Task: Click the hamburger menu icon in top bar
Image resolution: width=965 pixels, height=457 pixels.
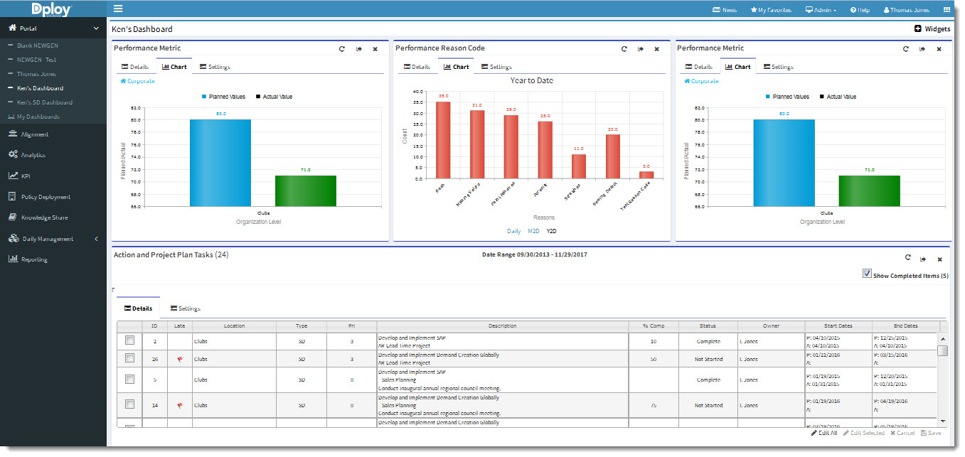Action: [x=118, y=9]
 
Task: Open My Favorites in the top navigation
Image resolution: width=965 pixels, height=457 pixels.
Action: [x=771, y=10]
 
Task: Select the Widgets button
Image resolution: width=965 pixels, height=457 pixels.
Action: [x=932, y=29]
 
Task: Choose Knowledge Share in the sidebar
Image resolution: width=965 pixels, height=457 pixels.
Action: [x=44, y=217]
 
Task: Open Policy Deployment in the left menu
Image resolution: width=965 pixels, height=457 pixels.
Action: [x=46, y=197]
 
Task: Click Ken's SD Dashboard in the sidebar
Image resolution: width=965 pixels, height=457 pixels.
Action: [x=44, y=102]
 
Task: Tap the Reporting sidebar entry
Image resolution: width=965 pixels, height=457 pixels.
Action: [x=34, y=259]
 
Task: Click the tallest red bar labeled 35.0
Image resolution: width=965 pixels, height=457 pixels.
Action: [x=443, y=140]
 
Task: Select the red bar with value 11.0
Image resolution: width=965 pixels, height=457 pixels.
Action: [x=579, y=166]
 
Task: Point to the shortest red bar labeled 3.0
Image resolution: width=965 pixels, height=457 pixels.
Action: [x=646, y=175]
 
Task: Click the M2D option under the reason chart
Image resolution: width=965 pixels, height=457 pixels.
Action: [x=533, y=232]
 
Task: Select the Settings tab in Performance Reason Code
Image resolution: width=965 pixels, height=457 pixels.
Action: [x=496, y=67]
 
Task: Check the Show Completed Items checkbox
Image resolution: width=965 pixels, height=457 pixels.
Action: [x=867, y=274]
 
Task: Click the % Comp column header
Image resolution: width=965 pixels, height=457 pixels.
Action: [x=654, y=326]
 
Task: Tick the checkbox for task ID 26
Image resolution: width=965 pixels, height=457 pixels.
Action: [x=129, y=358]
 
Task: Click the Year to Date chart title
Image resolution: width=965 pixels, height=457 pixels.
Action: [x=531, y=81]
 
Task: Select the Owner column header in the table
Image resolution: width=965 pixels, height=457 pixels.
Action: [x=771, y=326]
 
